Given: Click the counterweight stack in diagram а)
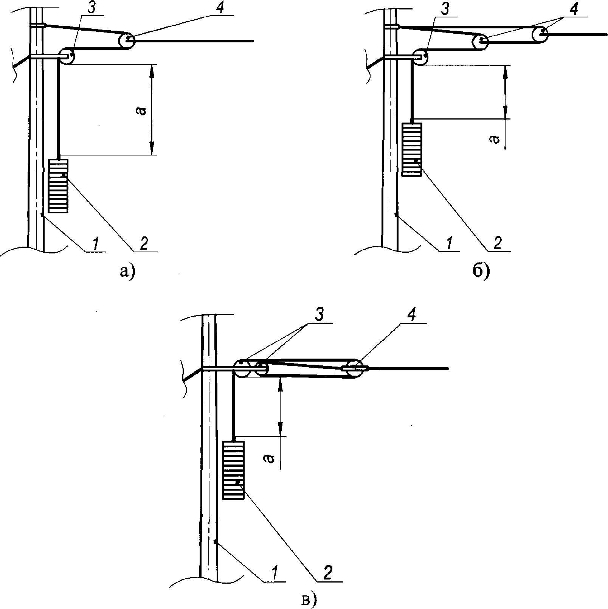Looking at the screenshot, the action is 58,186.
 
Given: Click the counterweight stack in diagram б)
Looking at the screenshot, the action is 411,149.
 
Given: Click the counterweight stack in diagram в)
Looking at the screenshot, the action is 233,470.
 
